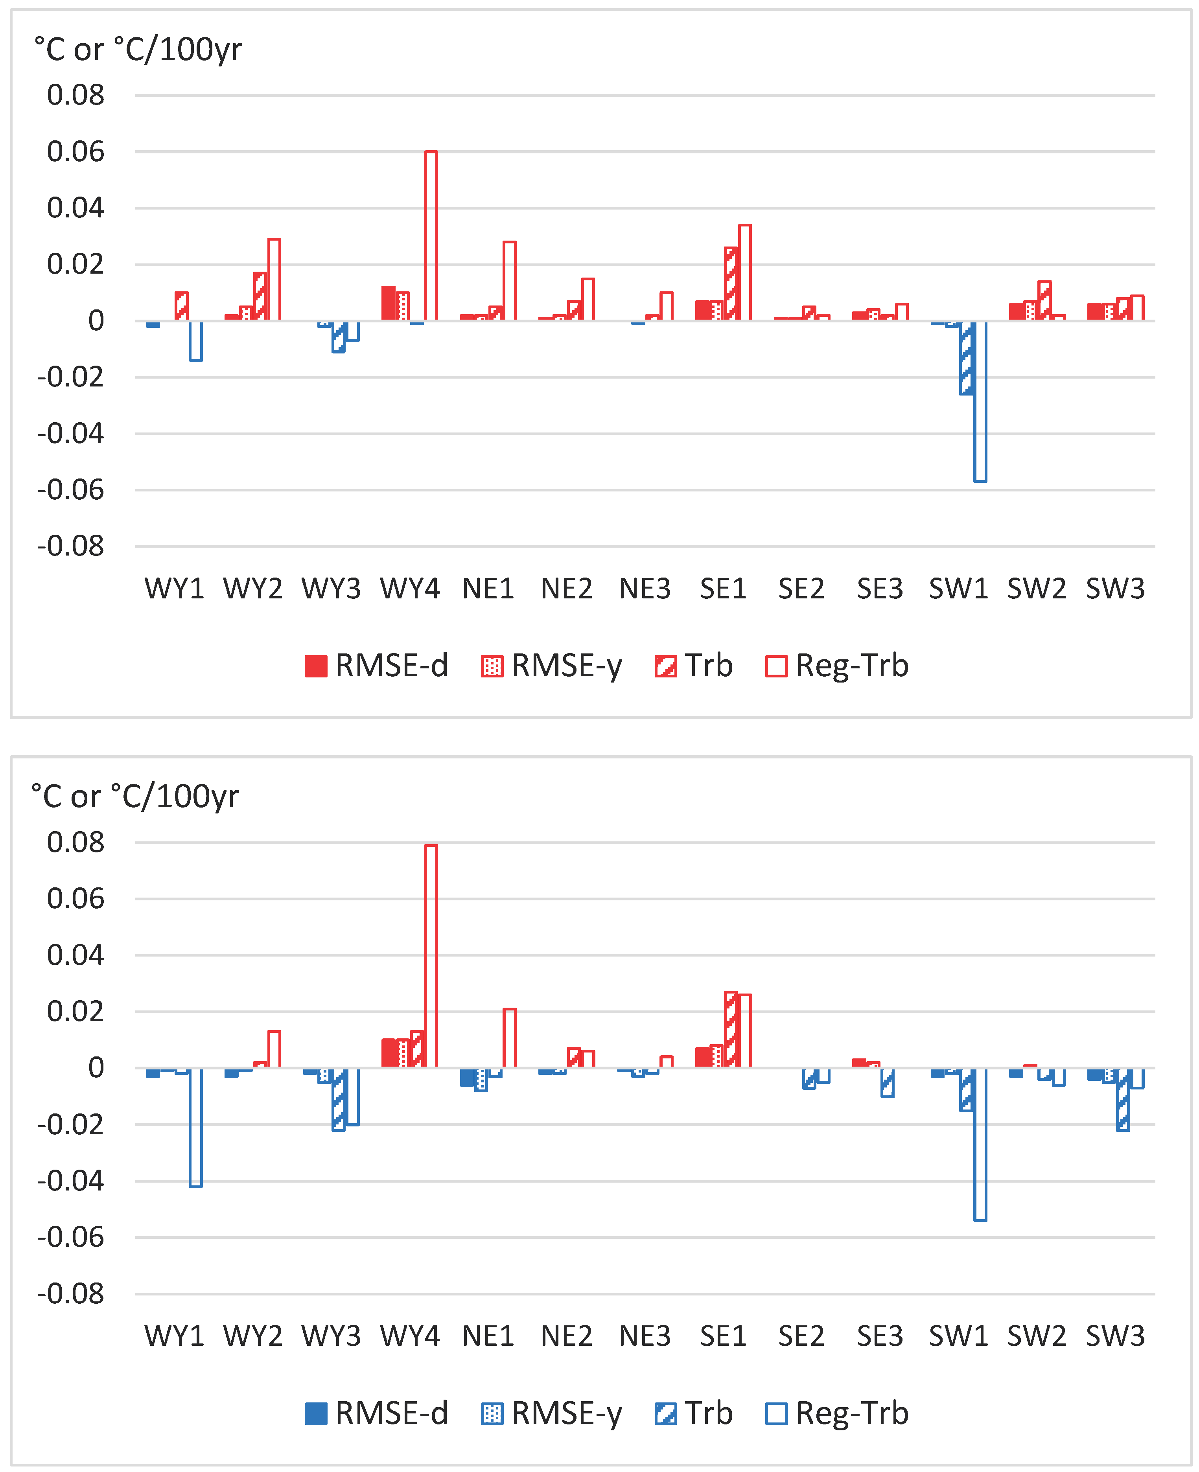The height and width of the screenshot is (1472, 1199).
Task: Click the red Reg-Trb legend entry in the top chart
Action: [837, 666]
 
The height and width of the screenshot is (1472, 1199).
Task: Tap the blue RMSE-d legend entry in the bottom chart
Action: [376, 1413]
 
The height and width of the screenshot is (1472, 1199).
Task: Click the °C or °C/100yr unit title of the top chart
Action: [138, 50]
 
